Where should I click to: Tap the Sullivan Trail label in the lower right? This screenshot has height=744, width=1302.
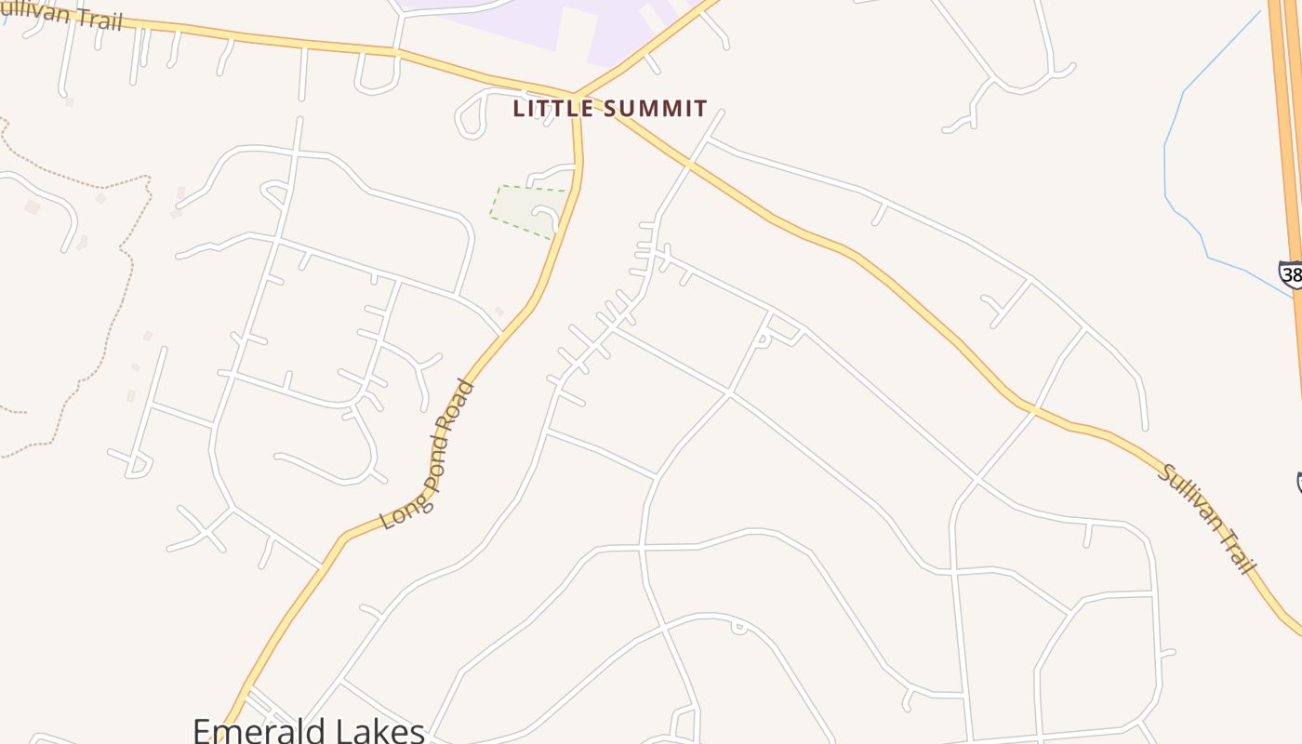coord(1208,518)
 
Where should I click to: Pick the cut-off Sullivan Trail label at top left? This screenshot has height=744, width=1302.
coord(60,14)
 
